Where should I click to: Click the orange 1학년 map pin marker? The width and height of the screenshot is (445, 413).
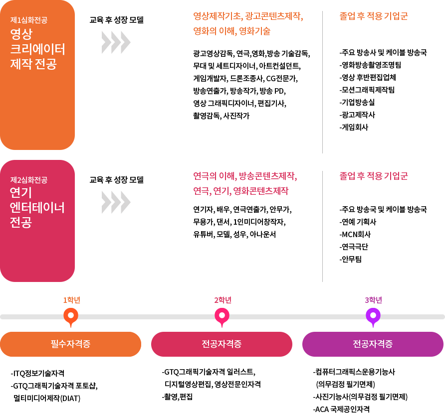pos(71,316)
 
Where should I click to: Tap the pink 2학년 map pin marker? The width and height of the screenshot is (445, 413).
pos(222,316)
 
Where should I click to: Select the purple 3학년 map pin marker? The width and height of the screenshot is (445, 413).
pos(373,316)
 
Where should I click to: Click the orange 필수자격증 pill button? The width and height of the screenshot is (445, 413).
pos(71,344)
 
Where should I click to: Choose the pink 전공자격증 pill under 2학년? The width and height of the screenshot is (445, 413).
pos(222,344)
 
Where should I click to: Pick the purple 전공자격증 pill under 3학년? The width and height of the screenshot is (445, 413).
pos(373,344)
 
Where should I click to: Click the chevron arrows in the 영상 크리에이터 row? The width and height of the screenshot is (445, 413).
pos(116,42)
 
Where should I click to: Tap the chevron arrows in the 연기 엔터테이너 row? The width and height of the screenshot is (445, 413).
pos(116,202)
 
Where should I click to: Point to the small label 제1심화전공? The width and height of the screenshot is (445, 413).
pos(29,20)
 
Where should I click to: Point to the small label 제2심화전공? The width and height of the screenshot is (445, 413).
pos(29,180)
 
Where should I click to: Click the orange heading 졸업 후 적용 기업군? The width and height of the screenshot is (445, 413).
pos(373,16)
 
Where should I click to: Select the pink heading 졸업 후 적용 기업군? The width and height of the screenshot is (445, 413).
pos(373,176)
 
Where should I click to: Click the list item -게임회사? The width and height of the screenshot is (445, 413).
pos(354,127)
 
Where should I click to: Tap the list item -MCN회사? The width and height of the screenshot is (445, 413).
pos(355,234)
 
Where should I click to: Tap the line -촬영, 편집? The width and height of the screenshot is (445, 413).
pos(177,397)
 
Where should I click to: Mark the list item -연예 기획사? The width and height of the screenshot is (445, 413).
pos(358,222)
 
